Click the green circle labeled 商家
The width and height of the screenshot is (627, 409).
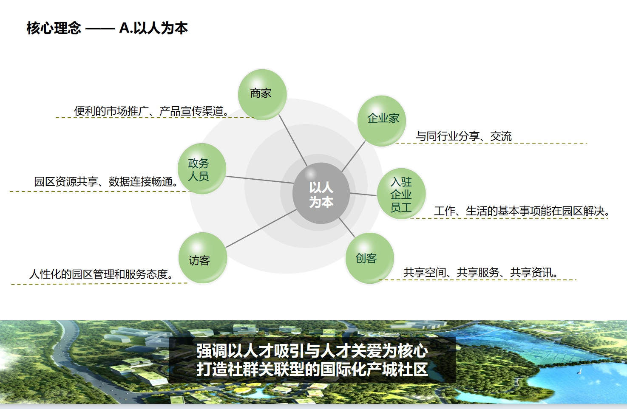point(262,95)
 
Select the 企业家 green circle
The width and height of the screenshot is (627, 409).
point(382,121)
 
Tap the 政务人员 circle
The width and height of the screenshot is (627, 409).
point(202,169)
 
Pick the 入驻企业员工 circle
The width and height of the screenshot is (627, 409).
point(401,194)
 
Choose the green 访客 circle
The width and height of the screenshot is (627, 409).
point(203,258)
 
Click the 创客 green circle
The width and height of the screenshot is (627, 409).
point(370,258)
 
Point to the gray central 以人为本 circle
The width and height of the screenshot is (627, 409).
point(321,193)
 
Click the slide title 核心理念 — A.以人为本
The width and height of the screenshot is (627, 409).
point(107,28)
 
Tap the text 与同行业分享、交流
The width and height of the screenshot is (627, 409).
point(464,136)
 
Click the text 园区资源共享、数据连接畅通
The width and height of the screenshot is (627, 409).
point(106,181)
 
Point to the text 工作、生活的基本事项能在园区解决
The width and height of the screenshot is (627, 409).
point(522,211)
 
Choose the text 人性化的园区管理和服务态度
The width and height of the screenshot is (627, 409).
point(101,274)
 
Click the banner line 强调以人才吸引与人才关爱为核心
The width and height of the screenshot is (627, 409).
point(312,351)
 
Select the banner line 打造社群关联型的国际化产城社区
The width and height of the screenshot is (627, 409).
point(312,369)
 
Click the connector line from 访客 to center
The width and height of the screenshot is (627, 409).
point(261,228)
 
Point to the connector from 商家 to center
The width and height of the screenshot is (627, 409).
point(293,141)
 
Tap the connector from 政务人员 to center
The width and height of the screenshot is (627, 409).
point(260,180)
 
